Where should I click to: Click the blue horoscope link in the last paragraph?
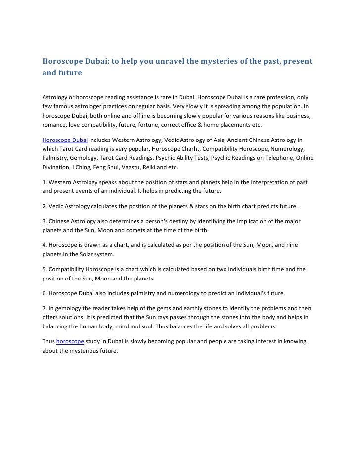70,341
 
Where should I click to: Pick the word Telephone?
278,158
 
